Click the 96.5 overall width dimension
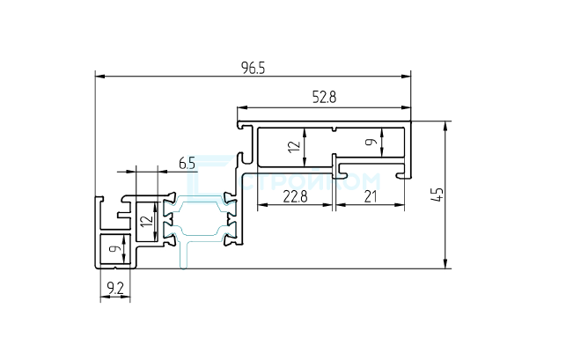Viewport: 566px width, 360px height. click(253, 68)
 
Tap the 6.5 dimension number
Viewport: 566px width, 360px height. click(187, 163)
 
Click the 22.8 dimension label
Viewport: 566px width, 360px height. click(294, 197)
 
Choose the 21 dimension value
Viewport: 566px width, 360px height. click(370, 197)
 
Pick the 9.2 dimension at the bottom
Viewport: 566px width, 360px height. click(114, 287)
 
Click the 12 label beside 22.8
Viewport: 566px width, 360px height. click(294, 146)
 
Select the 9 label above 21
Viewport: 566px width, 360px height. click(371, 140)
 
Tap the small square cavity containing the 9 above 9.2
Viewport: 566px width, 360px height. click(115, 250)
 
